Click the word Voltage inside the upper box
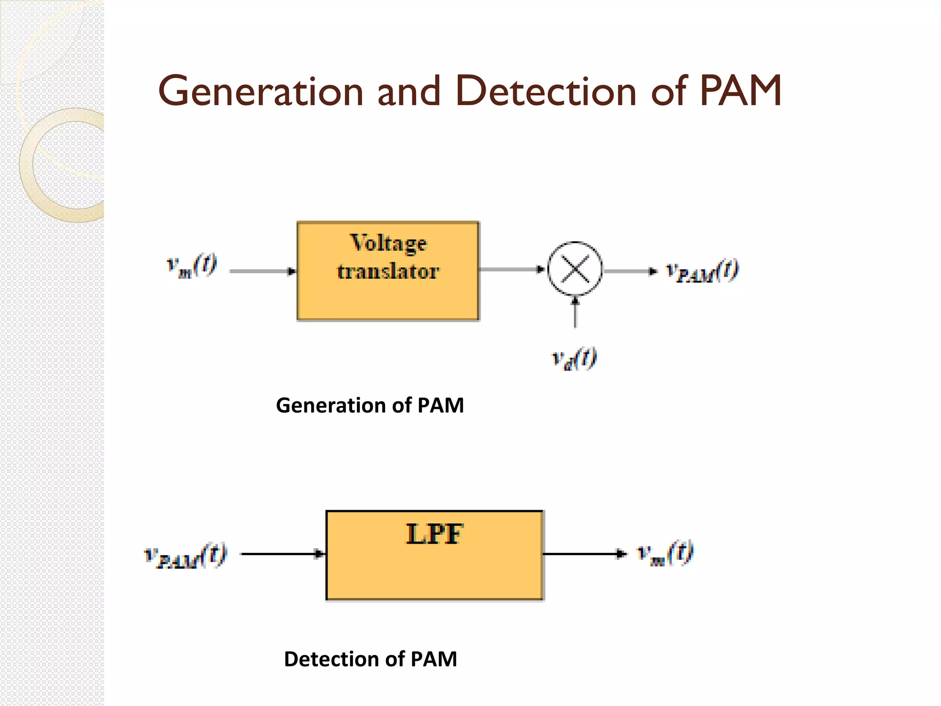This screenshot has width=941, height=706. point(389,244)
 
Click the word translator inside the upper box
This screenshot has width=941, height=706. point(388,271)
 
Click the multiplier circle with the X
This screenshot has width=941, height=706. point(575,269)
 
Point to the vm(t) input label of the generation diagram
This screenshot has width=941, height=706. point(192,266)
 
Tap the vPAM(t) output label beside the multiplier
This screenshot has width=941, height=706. point(703,271)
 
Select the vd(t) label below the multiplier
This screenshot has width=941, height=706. point(574,359)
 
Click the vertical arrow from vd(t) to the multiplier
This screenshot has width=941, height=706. point(575,313)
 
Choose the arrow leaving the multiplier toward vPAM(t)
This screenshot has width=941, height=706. point(630,271)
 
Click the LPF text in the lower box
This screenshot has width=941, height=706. point(435,534)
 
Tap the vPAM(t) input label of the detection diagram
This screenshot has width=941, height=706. point(186,555)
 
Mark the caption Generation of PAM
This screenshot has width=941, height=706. point(370,405)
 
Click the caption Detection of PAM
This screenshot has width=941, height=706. point(370,659)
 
